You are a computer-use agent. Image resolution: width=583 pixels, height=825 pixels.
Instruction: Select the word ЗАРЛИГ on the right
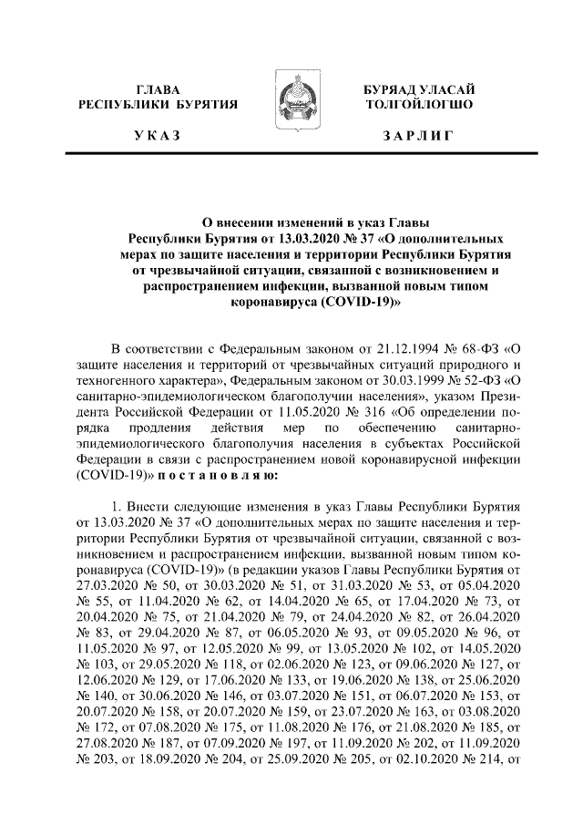[x=418, y=136]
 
